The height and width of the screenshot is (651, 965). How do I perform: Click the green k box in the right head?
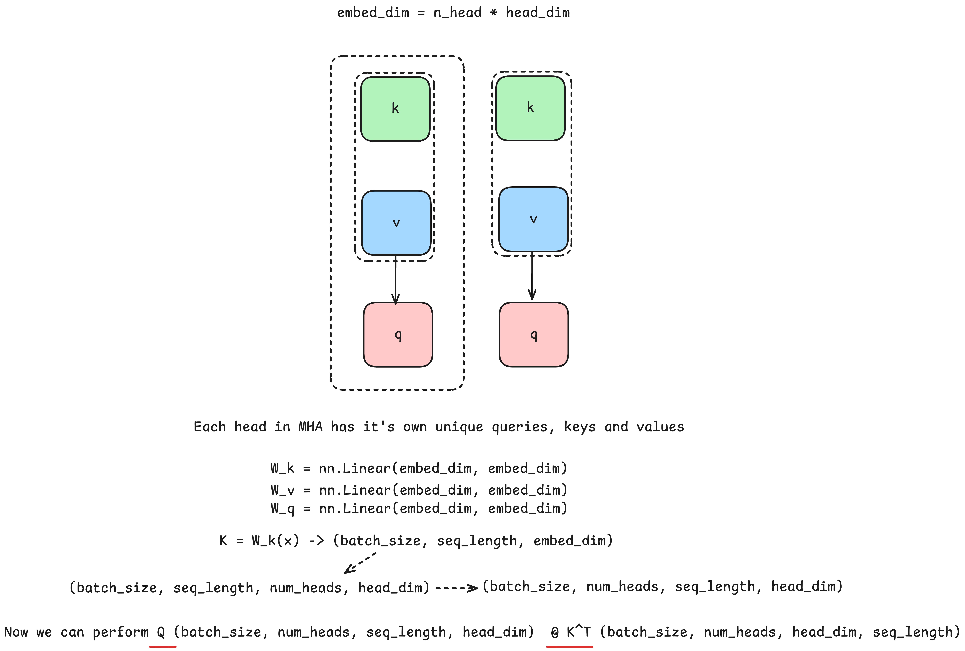[530, 108]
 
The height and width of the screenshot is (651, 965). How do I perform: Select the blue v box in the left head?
[396, 223]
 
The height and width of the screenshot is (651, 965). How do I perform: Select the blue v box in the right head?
[533, 220]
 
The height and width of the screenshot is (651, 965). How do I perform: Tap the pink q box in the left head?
[398, 334]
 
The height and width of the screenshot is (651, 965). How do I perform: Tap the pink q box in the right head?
[534, 334]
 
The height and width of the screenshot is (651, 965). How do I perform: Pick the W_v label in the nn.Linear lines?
[282, 490]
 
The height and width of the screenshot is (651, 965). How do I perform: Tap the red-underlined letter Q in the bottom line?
[161, 632]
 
